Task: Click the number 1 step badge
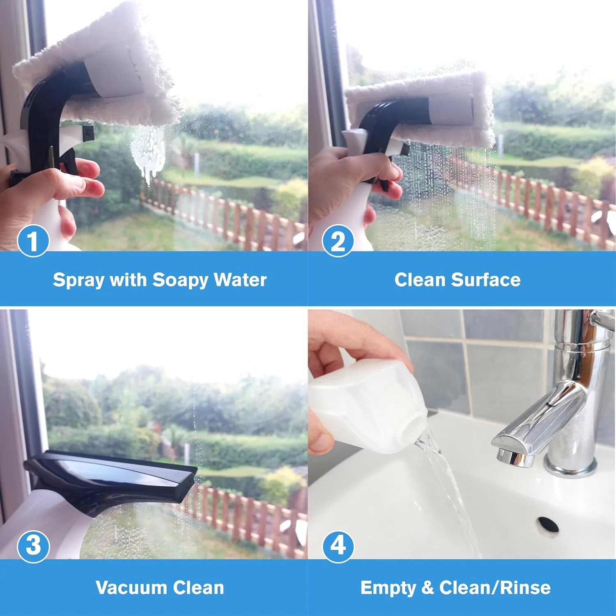pos(33,241)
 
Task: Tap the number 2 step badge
pos(338,241)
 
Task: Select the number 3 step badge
pos(33,546)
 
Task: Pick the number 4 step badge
pos(338,546)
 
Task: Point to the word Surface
pos(486,280)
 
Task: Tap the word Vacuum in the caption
pos(131,588)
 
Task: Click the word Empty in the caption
pos(388,588)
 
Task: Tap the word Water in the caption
pos(240,280)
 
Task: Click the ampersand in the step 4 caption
pos(428,588)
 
